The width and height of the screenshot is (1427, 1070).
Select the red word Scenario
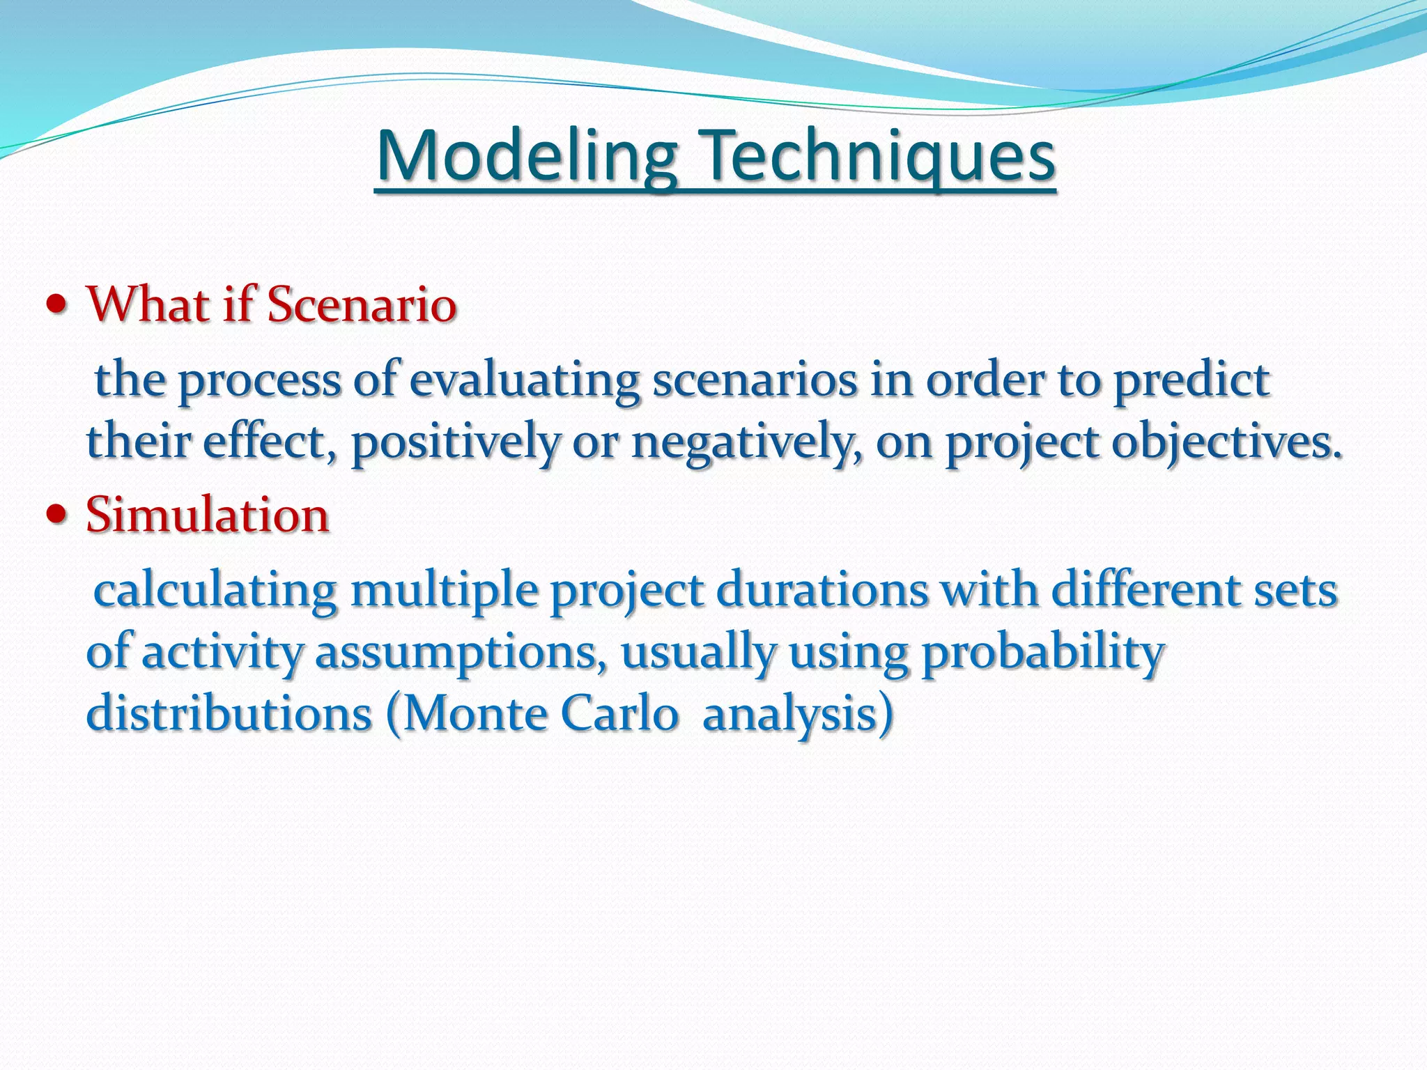coord(362,304)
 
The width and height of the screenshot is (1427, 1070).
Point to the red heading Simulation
coord(207,515)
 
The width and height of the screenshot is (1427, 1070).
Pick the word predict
coord(1191,382)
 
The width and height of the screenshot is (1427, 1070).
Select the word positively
coord(455,443)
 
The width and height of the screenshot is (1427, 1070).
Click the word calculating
coord(215,591)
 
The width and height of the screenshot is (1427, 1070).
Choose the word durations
coord(822,591)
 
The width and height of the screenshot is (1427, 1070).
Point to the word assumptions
coord(461,653)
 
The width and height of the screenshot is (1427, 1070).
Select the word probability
coord(1042,653)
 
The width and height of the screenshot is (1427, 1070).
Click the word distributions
coord(229,714)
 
